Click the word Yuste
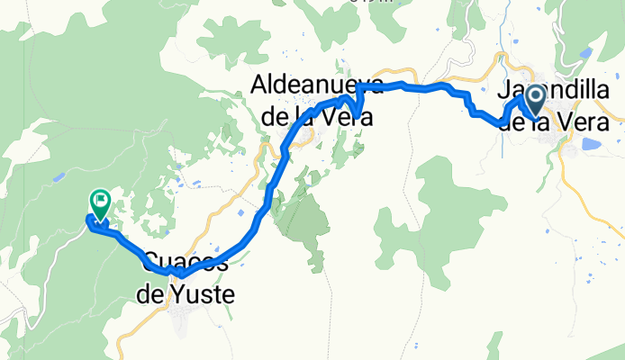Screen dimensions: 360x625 click(198, 293)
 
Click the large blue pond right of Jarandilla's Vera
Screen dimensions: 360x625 click(592, 143)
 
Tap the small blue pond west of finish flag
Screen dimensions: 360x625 click(58, 176)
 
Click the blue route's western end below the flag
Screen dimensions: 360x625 click(89, 219)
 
